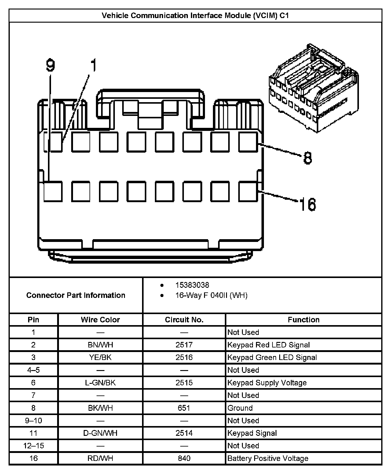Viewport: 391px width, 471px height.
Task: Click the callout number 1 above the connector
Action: click(x=93, y=65)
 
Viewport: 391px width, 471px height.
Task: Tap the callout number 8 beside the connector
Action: click(x=308, y=158)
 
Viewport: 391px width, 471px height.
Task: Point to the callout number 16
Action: click(x=307, y=204)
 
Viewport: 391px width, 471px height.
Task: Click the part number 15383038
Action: click(x=192, y=285)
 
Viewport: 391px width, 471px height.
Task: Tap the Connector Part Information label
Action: click(x=76, y=295)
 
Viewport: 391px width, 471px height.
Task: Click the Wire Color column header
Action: click(x=100, y=320)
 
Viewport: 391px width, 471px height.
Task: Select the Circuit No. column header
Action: click(x=184, y=320)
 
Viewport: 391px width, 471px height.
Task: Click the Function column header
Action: click(x=303, y=320)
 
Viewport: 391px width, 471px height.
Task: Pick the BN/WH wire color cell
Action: click(x=100, y=345)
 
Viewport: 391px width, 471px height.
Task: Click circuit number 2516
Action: click(x=184, y=358)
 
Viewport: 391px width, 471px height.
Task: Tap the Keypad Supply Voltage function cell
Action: click(x=267, y=383)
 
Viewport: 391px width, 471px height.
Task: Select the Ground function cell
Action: click(x=240, y=408)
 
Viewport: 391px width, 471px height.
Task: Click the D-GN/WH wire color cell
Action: click(x=100, y=433)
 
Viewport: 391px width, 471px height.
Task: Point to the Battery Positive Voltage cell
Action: click(x=268, y=458)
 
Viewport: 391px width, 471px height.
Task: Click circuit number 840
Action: click(x=184, y=458)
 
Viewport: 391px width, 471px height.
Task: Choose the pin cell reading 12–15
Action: click(x=33, y=446)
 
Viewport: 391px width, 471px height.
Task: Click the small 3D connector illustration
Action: click(x=313, y=89)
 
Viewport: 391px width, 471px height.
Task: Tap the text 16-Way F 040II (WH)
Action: click(x=211, y=295)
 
